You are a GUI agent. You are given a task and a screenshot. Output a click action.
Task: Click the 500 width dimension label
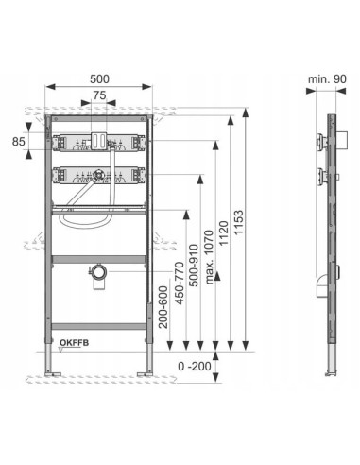[x=99, y=79]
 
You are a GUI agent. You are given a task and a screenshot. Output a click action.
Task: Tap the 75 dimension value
[x=99, y=95]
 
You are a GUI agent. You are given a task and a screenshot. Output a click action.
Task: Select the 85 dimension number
[x=18, y=142]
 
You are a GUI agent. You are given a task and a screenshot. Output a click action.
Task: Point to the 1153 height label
[x=239, y=222]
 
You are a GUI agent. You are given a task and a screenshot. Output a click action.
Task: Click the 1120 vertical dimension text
[x=223, y=233]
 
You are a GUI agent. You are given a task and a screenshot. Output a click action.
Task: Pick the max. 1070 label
[x=209, y=257]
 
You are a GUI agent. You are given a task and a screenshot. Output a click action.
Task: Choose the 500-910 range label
[x=194, y=266]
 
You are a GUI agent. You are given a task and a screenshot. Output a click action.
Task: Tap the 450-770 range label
[x=179, y=283]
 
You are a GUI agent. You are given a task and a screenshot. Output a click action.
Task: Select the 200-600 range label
[x=163, y=307]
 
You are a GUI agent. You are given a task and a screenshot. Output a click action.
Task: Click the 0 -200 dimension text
[x=195, y=367]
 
